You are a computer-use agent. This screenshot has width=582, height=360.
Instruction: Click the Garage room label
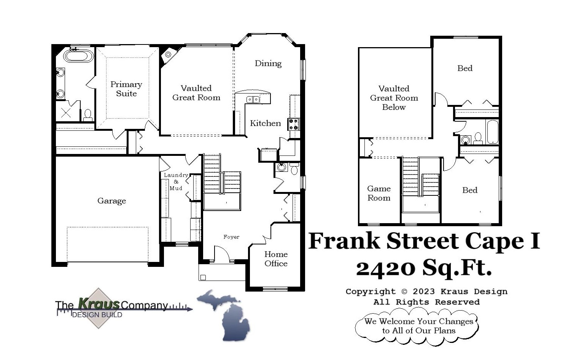tap(111, 201)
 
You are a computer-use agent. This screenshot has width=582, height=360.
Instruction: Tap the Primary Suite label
tap(126, 89)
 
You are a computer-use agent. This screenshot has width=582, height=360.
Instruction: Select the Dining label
tap(268, 63)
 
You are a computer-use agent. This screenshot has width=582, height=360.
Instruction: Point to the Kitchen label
tap(265, 123)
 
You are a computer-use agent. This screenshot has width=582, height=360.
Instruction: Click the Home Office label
tap(276, 259)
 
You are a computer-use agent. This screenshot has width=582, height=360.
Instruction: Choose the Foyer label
tap(231, 237)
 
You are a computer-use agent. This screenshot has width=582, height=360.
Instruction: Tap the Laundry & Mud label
tap(176, 181)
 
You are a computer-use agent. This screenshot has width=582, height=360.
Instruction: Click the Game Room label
tap(379, 193)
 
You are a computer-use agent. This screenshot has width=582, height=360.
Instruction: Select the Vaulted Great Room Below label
tap(394, 98)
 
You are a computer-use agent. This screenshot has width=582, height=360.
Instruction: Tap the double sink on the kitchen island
tap(253, 100)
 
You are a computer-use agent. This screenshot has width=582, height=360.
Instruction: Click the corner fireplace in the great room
tap(168, 56)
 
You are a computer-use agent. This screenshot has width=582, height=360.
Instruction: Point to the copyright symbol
tap(404, 292)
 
